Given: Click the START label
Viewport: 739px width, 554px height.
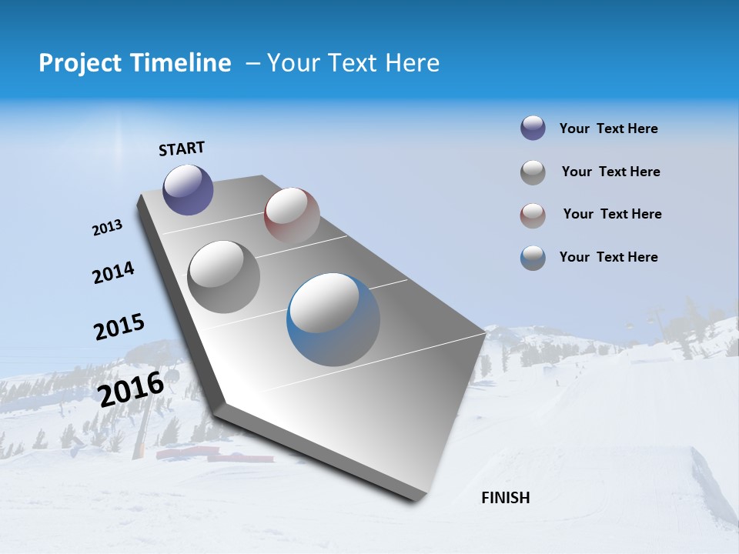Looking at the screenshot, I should point(182,149).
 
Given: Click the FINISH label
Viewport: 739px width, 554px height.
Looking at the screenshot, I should point(505,498).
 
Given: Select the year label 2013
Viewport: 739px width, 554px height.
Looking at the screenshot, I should point(107,228).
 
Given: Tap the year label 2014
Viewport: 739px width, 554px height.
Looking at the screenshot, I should point(113,272).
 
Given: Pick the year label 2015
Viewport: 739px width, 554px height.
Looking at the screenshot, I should point(119,327).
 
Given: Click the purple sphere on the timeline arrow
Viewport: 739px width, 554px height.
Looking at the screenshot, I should point(188,190).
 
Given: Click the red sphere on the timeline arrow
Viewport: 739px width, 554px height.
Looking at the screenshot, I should point(292,215).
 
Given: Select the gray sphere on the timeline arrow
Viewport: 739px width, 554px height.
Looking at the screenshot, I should point(224,276).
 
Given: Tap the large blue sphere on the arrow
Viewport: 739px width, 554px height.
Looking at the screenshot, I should point(333,319).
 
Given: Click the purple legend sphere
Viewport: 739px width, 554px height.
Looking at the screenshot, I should point(533,128).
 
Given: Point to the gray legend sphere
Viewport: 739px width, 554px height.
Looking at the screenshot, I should point(533,172).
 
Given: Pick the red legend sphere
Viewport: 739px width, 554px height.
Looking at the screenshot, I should point(533,215).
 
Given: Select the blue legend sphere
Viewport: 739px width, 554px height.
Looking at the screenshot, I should point(533,258).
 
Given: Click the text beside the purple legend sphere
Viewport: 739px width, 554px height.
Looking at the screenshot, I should point(608,129).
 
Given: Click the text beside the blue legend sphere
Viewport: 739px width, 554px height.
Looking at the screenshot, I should point(608,257).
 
